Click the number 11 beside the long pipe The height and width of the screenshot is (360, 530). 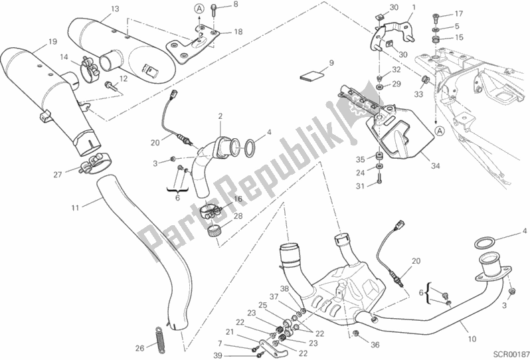click(75, 208)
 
